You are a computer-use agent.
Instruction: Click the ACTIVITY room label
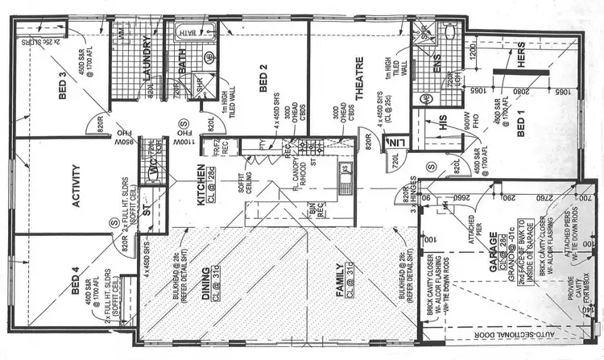click(x=78, y=186)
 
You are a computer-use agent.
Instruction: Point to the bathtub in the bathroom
click(x=190, y=32)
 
